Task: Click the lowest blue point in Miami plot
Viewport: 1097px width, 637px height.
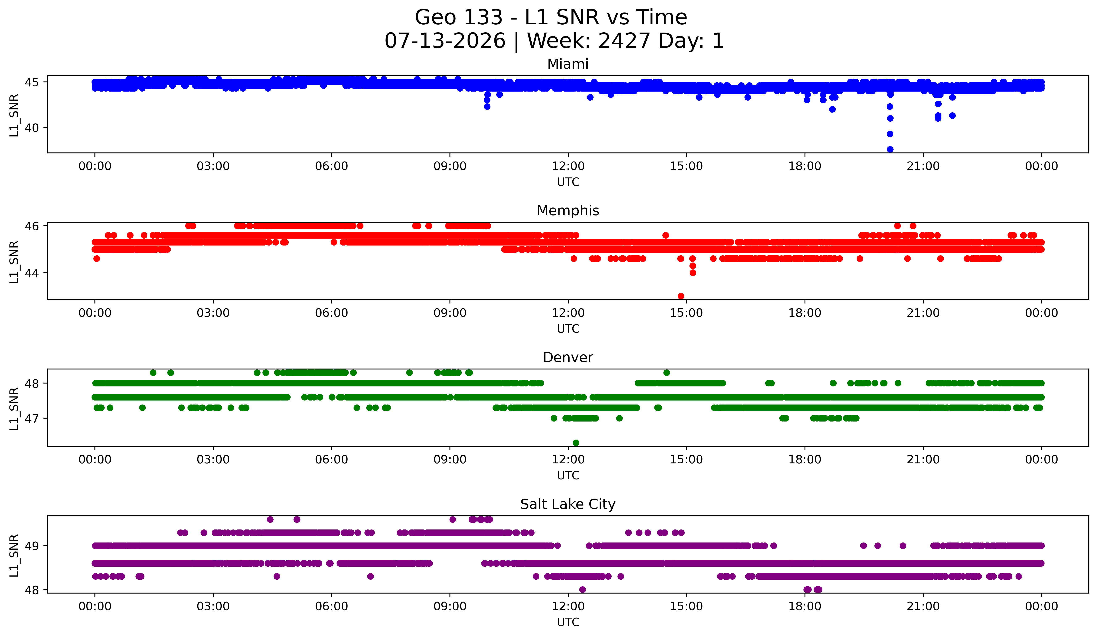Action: [x=890, y=149]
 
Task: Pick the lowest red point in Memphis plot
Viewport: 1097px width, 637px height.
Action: [x=681, y=296]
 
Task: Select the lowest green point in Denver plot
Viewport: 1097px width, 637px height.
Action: [x=576, y=443]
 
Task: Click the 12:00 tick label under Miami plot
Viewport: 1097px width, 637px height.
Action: [x=568, y=166]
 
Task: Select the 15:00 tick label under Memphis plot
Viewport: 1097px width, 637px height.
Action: [x=687, y=313]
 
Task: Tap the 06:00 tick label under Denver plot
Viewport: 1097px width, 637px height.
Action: [x=332, y=460]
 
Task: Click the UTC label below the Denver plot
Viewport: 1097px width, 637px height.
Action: [x=568, y=475]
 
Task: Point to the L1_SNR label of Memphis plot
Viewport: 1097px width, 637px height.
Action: [x=14, y=262]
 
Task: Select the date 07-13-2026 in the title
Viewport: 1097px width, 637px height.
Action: [x=445, y=41]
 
